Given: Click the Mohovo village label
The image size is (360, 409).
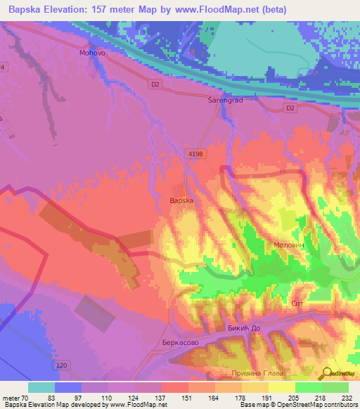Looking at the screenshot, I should (92, 53).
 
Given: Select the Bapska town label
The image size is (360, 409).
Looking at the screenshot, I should (181, 200).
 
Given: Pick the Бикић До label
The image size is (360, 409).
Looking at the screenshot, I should (245, 329).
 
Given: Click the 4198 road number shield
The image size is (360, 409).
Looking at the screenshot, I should (195, 152).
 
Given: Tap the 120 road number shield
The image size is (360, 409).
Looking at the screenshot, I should (62, 367).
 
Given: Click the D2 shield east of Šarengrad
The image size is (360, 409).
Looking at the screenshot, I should (290, 108).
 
